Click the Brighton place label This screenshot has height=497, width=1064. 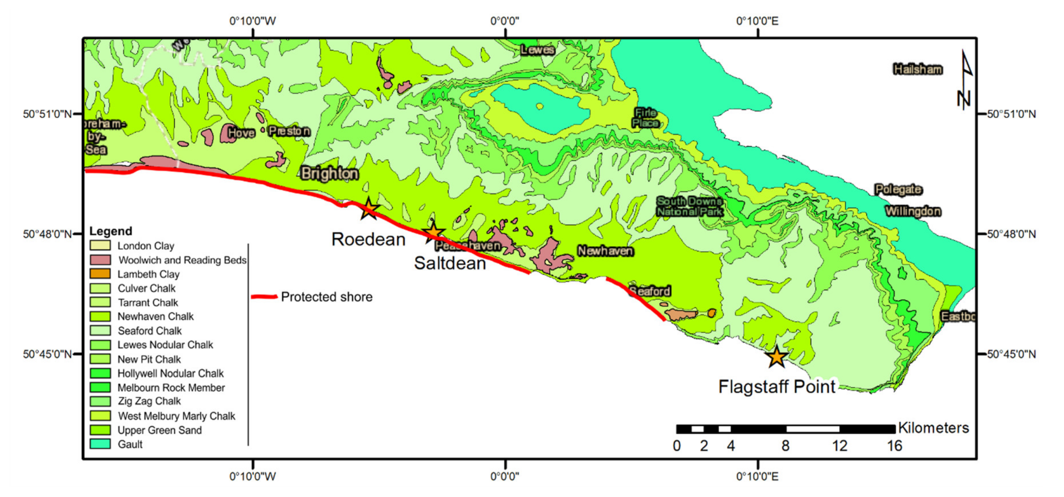pos(329,173)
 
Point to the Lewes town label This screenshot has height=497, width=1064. pos(537,50)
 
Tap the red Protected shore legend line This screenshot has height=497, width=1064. pos(264,297)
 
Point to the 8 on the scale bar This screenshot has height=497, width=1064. pos(785,446)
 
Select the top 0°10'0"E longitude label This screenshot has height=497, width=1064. pos(757,21)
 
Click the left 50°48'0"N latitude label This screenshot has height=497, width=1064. pos(47,234)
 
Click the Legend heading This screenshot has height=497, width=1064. pos(111,231)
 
